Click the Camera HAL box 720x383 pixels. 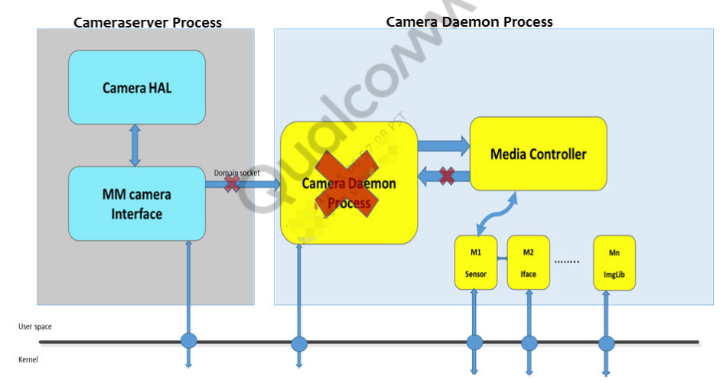[x=137, y=87]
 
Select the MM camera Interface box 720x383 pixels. [x=137, y=203]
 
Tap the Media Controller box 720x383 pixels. [x=538, y=154]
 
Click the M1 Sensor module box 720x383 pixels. [x=475, y=262]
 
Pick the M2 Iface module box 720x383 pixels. [x=528, y=262]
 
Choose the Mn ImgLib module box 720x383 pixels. [x=614, y=262]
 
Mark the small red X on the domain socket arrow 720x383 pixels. [x=232, y=184]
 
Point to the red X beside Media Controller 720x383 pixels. [x=447, y=176]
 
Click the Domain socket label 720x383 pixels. [x=236, y=173]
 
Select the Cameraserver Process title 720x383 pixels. [x=148, y=22]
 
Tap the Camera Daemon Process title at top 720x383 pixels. [x=469, y=21]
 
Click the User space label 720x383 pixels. [x=35, y=326]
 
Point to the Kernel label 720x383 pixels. [x=28, y=359]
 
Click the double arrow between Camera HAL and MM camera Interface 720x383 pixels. [x=135, y=147]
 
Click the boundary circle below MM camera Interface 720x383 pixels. [x=188, y=341]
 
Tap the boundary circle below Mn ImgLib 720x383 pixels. [x=606, y=342]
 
